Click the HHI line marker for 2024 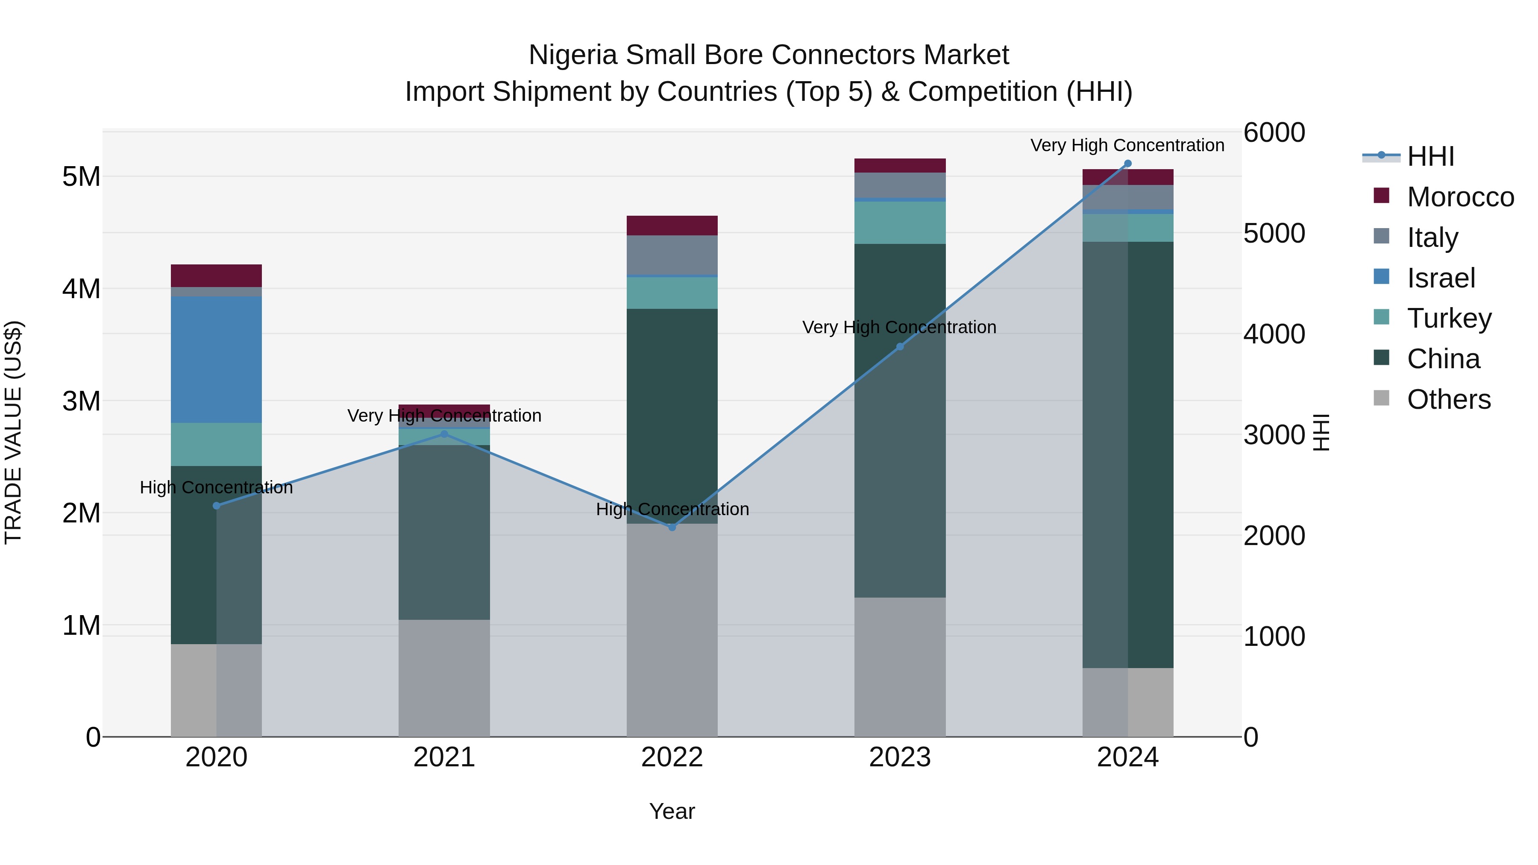click(1127, 164)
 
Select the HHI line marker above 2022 click(672, 527)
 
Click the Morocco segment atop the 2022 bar click(672, 226)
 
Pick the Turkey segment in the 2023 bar click(900, 222)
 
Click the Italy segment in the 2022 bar click(672, 255)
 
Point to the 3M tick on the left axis click(81, 401)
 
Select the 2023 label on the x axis click(900, 757)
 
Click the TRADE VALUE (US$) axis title click(13, 432)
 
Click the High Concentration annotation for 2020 click(216, 488)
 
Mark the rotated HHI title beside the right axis click(1321, 432)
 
